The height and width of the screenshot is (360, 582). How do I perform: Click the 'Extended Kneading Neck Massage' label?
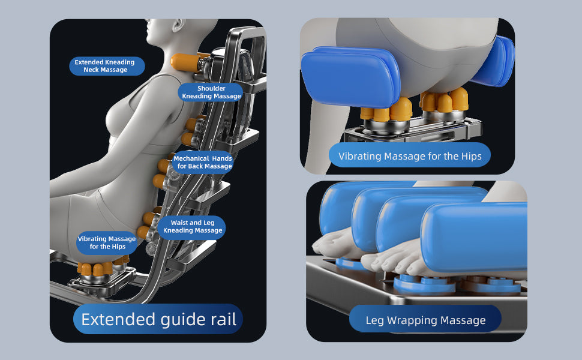[106, 66]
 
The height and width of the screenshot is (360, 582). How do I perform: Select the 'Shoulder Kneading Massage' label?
[211, 92]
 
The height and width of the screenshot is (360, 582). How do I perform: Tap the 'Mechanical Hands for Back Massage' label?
[203, 162]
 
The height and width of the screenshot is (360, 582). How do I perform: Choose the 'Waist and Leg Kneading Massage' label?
[193, 227]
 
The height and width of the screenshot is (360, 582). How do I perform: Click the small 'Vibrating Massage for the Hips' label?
[107, 242]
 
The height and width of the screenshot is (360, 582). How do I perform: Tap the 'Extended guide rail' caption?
[158, 319]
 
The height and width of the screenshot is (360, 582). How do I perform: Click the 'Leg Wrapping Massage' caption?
[425, 320]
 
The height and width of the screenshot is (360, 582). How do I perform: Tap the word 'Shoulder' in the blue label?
[211, 88]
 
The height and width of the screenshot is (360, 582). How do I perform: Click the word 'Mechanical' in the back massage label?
[191, 158]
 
